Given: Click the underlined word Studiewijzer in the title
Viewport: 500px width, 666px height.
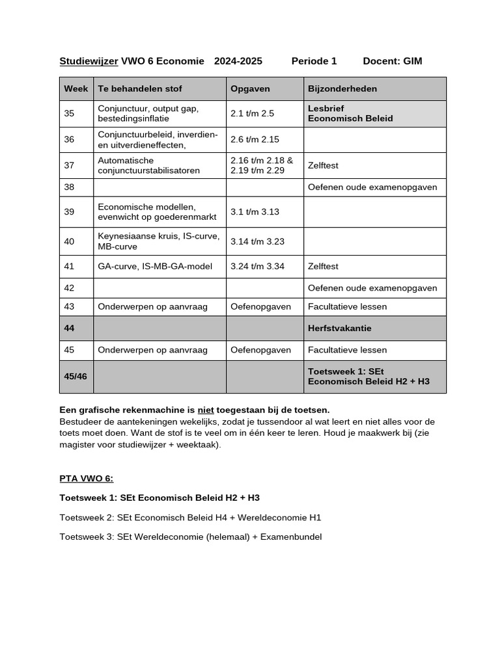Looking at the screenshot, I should click(x=89, y=61).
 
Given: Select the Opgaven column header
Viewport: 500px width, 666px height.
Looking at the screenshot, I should click(x=250, y=88).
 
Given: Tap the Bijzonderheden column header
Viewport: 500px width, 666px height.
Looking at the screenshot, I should click(x=342, y=88).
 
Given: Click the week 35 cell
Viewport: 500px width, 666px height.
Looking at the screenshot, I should click(x=70, y=113).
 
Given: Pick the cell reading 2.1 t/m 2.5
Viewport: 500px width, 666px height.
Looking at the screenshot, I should click(x=253, y=113).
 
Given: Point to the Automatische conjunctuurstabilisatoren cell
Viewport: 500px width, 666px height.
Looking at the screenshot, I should click(x=139, y=165).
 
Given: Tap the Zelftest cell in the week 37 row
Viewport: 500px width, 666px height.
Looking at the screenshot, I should click(x=324, y=165).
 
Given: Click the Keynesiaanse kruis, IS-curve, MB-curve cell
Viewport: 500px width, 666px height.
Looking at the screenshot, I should click(x=159, y=241).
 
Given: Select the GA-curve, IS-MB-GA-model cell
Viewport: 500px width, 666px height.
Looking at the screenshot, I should click(x=146, y=266).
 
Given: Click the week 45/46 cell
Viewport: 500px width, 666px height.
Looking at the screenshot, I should click(x=76, y=377).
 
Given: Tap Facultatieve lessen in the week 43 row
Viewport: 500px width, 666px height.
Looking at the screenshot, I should click(x=347, y=306).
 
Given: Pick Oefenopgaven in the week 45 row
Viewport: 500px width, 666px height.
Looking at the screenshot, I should click(x=260, y=350).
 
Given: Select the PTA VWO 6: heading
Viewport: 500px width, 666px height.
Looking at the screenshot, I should click(x=86, y=479).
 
